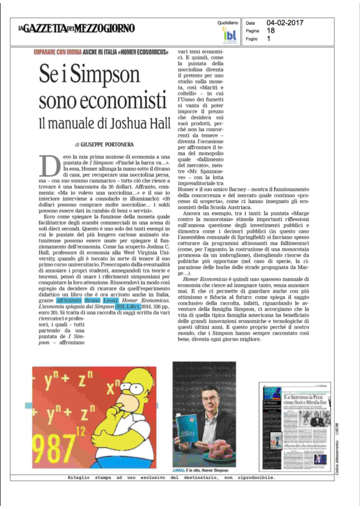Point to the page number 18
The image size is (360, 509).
click(270, 30)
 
